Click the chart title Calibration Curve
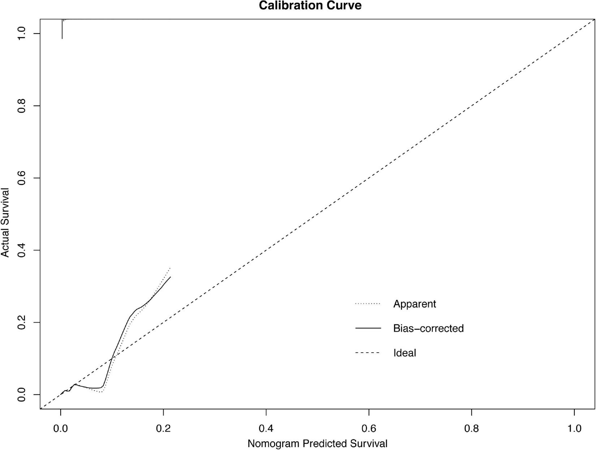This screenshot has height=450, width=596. click(x=310, y=5)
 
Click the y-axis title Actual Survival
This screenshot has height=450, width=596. click(x=5, y=222)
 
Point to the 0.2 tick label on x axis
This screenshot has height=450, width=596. click(x=163, y=429)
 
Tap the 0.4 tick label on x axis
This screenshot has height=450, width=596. click(x=266, y=429)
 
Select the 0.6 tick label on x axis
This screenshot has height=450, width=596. click(x=369, y=429)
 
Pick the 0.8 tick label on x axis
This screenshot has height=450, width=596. click(x=471, y=429)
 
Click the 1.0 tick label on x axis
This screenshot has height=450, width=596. click(x=574, y=429)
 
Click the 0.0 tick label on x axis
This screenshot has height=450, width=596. click(x=61, y=429)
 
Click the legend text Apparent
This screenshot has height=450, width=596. click(x=414, y=304)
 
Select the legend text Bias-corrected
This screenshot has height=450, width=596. click(x=428, y=328)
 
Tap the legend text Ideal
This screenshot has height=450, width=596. click(x=405, y=353)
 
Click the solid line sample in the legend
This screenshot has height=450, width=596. click(x=368, y=328)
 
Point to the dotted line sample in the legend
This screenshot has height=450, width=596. click(x=368, y=304)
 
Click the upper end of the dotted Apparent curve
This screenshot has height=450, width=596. click(x=170, y=268)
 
